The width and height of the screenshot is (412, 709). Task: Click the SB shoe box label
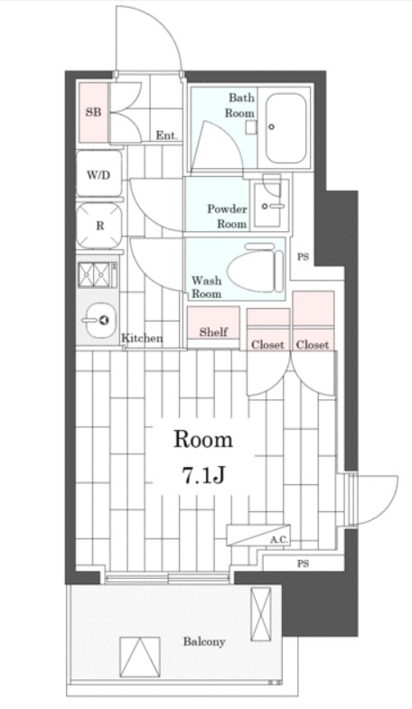point(94,112)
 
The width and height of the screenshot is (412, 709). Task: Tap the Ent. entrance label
point(167,135)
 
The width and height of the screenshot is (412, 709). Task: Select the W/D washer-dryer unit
point(99,173)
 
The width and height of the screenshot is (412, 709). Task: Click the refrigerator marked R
point(99,226)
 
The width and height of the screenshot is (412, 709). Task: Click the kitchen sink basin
point(100,320)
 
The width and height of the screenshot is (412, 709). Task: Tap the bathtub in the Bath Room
point(286,128)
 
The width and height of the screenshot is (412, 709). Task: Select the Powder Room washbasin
point(270,205)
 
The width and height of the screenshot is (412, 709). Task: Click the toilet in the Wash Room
point(255,270)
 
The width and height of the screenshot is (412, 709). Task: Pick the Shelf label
point(213,331)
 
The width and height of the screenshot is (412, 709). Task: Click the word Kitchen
point(142,338)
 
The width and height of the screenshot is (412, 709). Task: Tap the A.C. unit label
point(279,540)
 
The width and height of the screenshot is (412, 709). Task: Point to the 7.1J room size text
point(203,476)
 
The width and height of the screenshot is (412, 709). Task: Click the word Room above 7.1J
point(203,440)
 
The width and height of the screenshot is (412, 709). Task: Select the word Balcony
point(204,641)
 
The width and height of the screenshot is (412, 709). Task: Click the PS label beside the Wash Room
point(303,257)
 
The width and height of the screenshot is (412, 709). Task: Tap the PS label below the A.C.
point(303,564)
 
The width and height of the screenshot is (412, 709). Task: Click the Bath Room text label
point(240,105)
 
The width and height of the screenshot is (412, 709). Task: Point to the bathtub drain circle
point(271,127)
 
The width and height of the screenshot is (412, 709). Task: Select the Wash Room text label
point(207,287)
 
